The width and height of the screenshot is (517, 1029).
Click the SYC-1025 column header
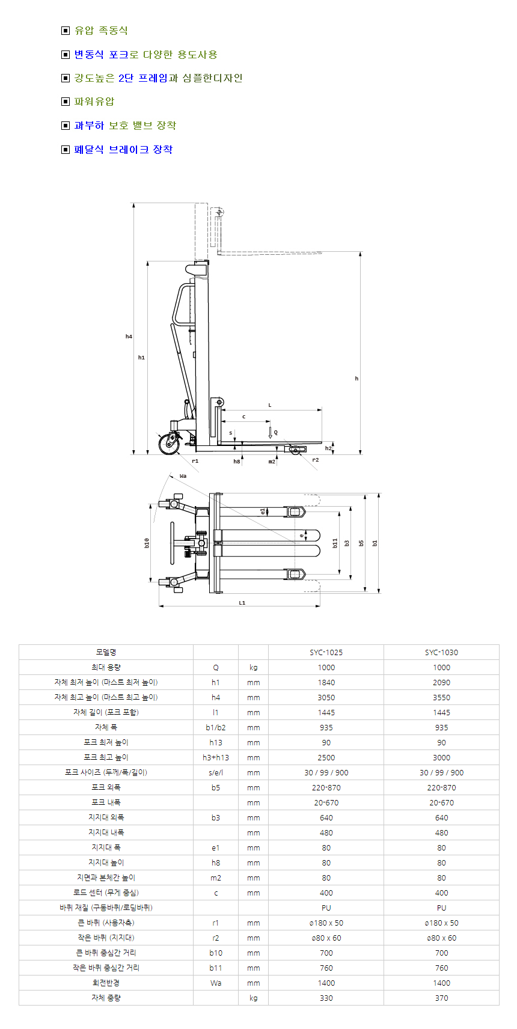pos(326,652)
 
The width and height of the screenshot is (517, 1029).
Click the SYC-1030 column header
pos(441,652)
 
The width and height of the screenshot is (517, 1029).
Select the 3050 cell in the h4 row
pos(326,697)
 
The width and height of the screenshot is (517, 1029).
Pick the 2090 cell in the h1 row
pos(441,682)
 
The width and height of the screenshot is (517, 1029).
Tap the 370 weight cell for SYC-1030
pos(441,998)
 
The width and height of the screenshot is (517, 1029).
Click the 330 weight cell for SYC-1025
pos(326,998)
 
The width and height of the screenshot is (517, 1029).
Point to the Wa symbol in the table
pos(216,983)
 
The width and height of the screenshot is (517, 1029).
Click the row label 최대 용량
pos(106,667)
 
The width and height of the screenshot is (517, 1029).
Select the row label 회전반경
pos(106,983)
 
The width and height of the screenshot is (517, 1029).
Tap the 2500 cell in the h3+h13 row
pos(326,757)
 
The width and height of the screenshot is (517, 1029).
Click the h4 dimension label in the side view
pos(129,337)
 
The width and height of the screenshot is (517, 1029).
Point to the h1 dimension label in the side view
pos(141,358)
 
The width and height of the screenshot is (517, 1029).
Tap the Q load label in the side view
pos(276,432)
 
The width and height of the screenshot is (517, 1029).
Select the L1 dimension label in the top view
pos(242,603)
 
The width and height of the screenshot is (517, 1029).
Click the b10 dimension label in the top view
pos(146,543)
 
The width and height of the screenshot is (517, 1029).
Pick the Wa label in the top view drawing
pos(183,476)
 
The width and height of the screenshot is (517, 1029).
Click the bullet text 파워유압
pos(94,102)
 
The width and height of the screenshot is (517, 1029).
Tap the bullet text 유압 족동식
pos(101,31)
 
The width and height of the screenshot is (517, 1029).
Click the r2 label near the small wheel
pos(316,460)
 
